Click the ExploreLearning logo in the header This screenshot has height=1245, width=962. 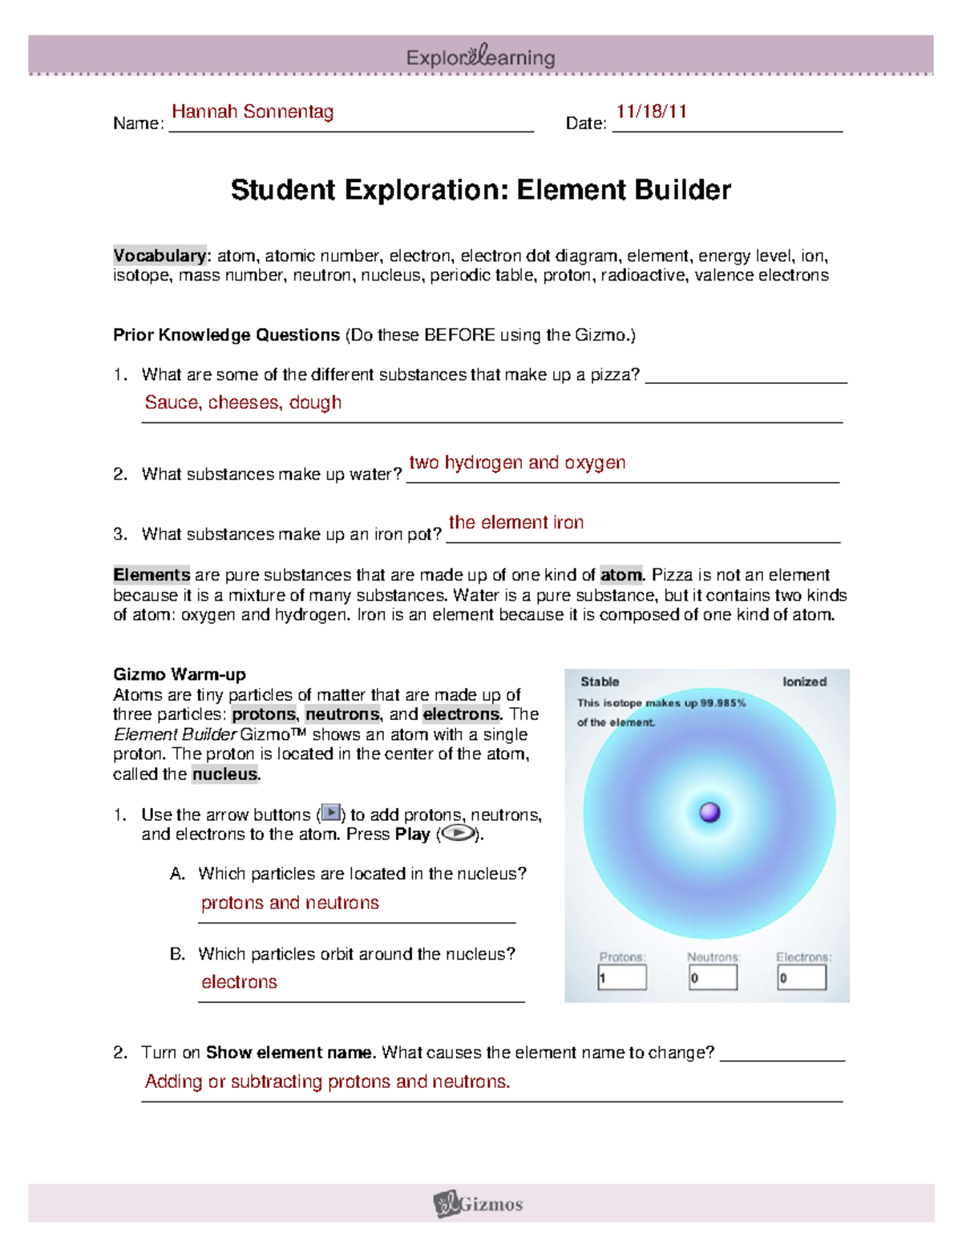pos(480,57)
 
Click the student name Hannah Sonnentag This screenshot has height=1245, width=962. pos(253,111)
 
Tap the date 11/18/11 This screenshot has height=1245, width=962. pos(651,111)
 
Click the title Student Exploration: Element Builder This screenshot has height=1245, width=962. pos(480,190)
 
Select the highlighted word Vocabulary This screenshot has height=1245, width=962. pos(160,256)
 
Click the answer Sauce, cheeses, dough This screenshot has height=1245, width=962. pos(243,402)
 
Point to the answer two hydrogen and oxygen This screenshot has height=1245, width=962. pos(517,463)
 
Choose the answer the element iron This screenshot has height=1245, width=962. pos(515,523)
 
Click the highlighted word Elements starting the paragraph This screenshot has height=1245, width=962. pos(152,575)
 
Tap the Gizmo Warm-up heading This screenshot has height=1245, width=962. pos(179,674)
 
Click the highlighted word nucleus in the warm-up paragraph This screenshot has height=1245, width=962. pos(224,774)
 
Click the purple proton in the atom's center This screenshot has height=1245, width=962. pos(709,812)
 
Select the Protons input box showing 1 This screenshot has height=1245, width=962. pos(622,977)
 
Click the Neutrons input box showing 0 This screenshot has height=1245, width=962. pos(713,977)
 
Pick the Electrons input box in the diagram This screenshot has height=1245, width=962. pos(802,977)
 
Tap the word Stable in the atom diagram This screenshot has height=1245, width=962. pos(600,681)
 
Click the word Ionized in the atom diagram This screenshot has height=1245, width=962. pos(804,681)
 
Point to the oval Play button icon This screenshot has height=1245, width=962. pos(458,834)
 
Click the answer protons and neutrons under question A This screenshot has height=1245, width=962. pos(289,903)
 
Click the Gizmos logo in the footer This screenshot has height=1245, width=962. pos(479,1203)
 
